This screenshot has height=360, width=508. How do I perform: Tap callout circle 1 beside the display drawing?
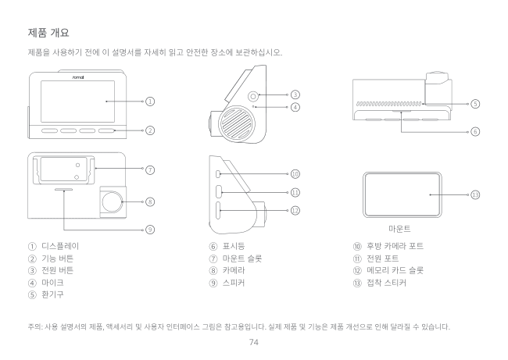(148, 102)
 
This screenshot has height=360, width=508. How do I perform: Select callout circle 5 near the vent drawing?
(474, 103)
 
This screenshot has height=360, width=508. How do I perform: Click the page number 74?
(254, 341)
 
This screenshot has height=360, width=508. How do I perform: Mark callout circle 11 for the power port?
(295, 191)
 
